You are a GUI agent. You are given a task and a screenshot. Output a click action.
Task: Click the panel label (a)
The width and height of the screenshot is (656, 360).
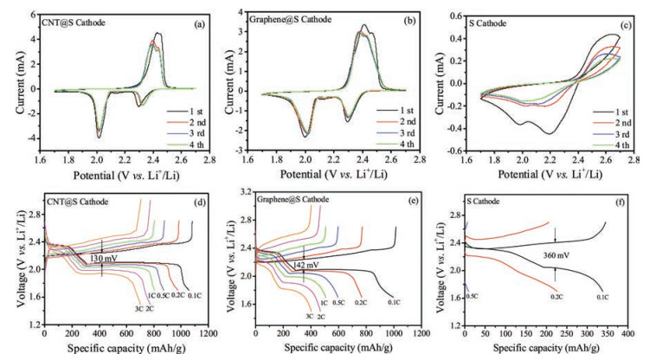pos(198,23)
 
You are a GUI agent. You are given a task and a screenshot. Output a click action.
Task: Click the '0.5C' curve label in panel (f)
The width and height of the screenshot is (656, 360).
pos(473,296)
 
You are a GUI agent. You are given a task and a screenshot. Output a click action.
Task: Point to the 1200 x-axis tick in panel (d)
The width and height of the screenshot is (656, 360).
pos(209,333)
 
